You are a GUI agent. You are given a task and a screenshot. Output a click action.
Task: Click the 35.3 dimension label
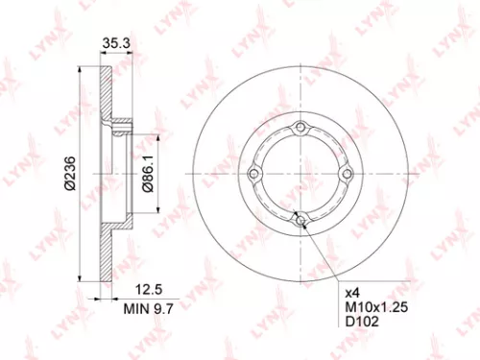pyautogui.click(x=115, y=41)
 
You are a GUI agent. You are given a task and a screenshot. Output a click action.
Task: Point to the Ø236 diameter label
pyautogui.click(x=68, y=173)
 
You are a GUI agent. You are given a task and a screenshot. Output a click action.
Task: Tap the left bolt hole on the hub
pyautogui.click(x=254, y=174)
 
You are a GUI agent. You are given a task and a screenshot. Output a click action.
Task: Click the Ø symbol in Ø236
pyautogui.click(x=68, y=188)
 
